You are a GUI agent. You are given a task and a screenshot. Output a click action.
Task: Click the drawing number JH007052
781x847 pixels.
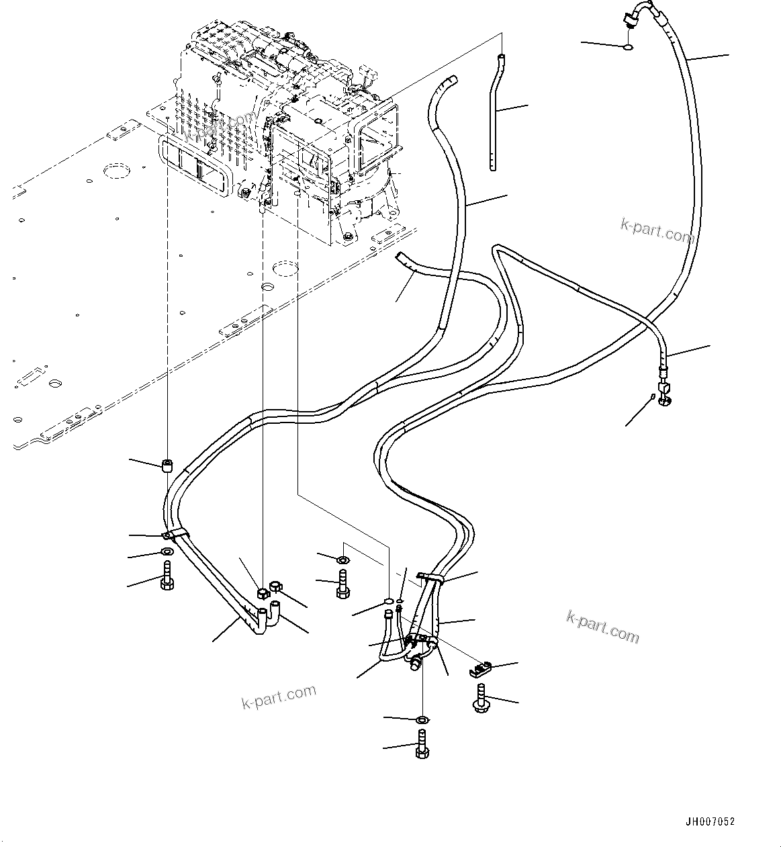[710, 821]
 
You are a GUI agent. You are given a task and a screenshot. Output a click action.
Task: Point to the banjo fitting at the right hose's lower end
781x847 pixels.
[665, 394]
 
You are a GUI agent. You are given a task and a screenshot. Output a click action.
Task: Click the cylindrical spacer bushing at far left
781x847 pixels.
[168, 465]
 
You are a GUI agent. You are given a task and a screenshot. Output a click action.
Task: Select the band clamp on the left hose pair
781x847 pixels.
[175, 535]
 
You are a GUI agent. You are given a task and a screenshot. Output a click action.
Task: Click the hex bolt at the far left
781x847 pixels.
[167, 577]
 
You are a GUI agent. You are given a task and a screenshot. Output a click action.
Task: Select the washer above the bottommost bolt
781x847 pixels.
[421, 720]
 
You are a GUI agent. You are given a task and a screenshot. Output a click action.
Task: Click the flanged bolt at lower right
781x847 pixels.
[481, 698]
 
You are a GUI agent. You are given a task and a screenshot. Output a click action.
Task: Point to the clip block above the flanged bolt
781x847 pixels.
[479, 668]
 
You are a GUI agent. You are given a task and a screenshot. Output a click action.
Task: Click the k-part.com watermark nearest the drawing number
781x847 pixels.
[602, 625]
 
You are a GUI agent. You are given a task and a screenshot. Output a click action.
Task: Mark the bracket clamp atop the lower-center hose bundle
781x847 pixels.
[430, 578]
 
